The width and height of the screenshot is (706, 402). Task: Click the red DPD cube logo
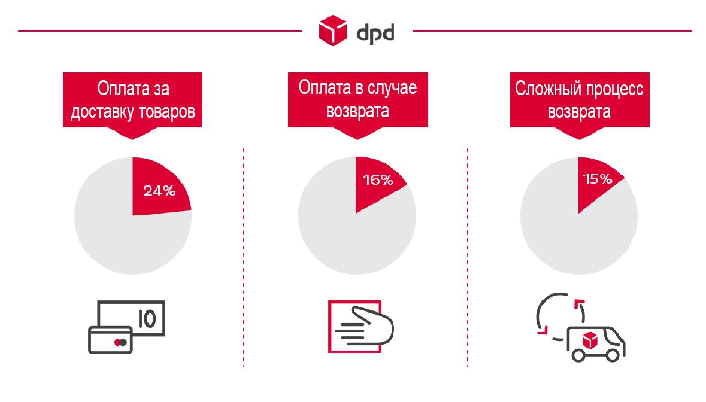[x=333, y=31]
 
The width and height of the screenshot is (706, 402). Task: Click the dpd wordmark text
[x=375, y=31]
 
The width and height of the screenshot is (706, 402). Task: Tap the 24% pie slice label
[x=159, y=191]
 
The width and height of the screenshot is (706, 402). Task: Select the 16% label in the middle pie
[x=378, y=179]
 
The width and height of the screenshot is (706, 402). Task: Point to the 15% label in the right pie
[x=597, y=179]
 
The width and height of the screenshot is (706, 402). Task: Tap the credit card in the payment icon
[x=110, y=339]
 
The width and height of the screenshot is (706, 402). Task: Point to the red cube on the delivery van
[x=590, y=339]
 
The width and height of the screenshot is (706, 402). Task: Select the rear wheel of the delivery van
[x=580, y=354]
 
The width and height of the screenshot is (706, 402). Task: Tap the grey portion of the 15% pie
[x=575, y=245]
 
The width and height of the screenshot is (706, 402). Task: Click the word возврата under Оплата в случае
[x=357, y=112]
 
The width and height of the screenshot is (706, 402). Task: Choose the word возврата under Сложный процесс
[x=579, y=112]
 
